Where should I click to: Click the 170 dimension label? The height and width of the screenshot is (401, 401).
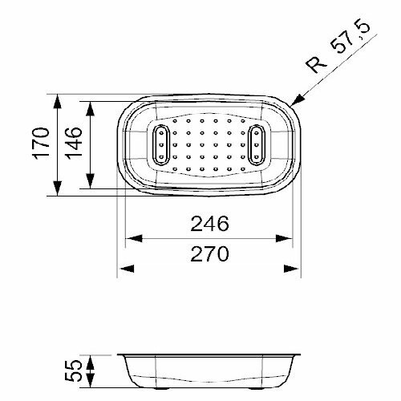(41, 144)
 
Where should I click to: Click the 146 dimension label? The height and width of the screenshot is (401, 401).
(73, 144)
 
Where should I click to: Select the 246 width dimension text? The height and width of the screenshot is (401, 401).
(210, 224)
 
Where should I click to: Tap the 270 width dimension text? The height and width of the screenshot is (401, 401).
(210, 253)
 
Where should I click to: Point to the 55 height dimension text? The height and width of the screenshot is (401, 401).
(73, 371)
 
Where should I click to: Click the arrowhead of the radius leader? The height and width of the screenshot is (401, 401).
(298, 100)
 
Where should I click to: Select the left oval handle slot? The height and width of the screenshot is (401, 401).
(161, 144)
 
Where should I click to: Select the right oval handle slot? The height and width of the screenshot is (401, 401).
(257, 144)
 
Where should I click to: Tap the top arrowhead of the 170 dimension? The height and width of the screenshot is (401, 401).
(57, 102)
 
